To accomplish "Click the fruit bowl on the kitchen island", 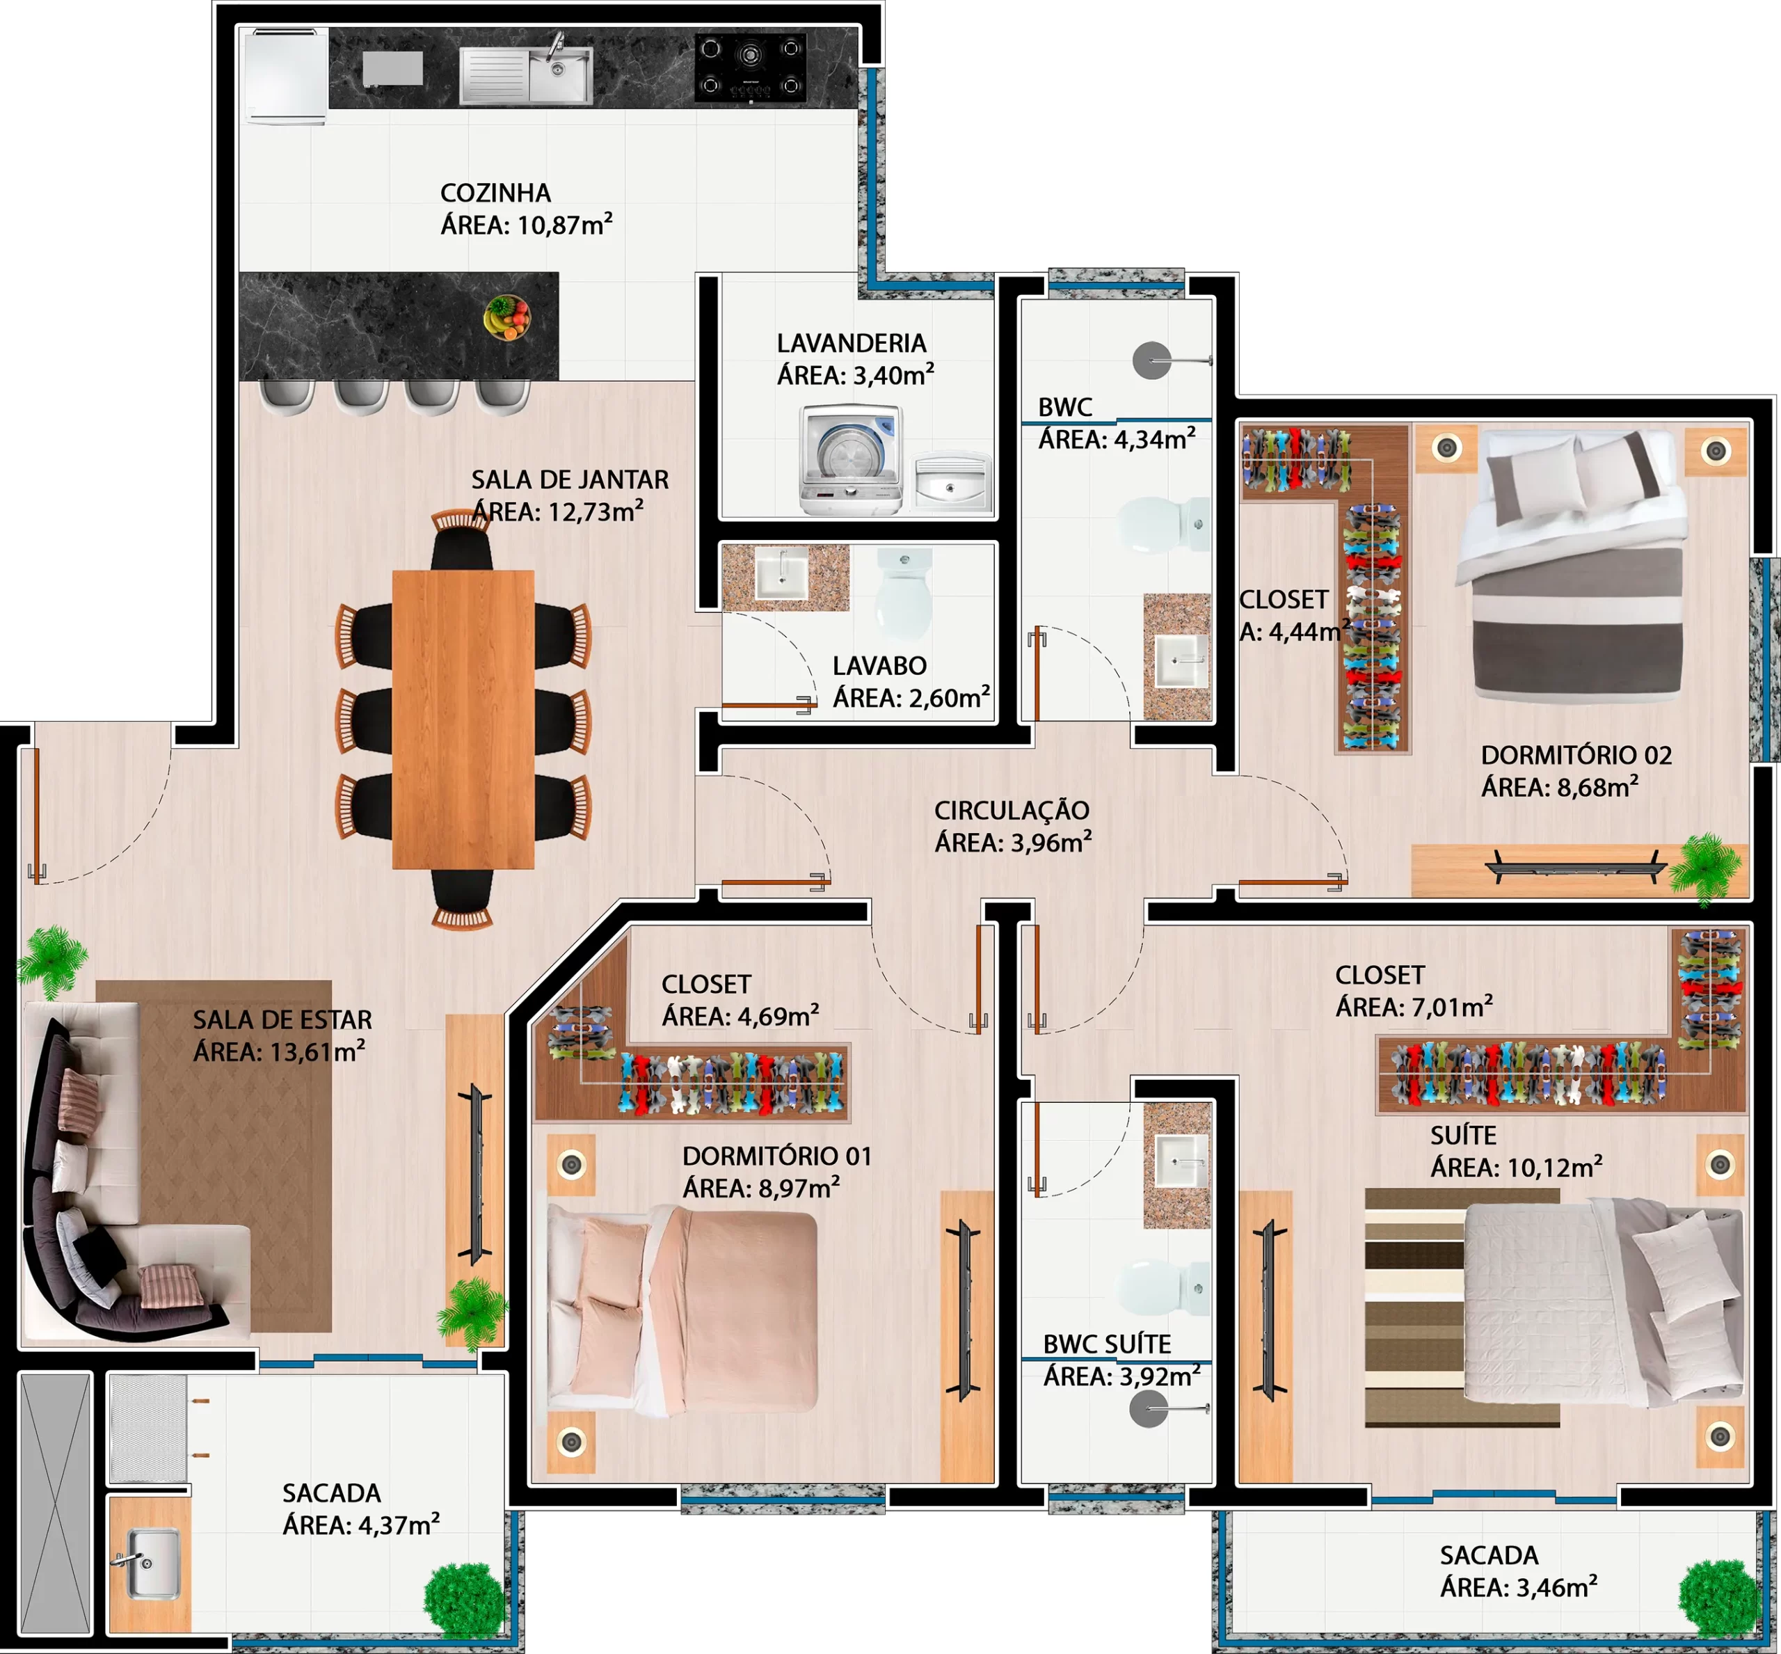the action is click(507, 318).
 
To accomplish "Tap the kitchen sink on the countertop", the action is click(526, 75).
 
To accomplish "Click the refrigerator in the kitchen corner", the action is click(287, 75).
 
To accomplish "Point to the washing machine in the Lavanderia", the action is click(851, 459).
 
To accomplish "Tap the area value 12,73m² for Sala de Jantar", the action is click(595, 512).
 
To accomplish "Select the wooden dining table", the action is click(463, 719).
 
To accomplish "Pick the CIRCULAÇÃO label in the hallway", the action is click(1012, 811).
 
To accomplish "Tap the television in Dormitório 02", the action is click(1576, 867).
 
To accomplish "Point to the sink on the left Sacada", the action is click(150, 1563).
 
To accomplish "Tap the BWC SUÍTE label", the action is click(1107, 1344).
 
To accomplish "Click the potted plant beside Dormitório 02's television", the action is click(1706, 866).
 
